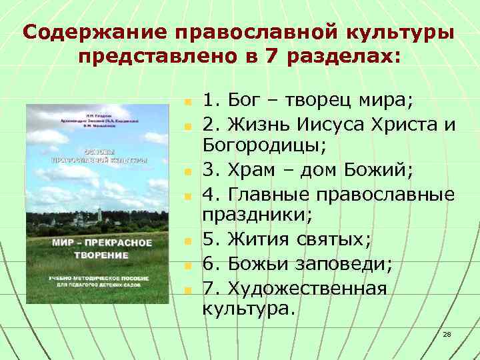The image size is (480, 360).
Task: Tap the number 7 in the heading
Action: pos(271,57)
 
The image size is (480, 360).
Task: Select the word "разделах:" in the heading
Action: pos(343,57)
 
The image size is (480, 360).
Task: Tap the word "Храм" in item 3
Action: pos(257,169)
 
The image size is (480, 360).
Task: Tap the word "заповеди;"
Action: pos(345,263)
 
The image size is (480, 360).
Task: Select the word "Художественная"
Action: pos(307,287)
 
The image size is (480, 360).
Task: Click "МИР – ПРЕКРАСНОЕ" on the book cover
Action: pos(102,242)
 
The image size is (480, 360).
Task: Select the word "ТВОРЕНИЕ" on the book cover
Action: pos(102,255)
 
